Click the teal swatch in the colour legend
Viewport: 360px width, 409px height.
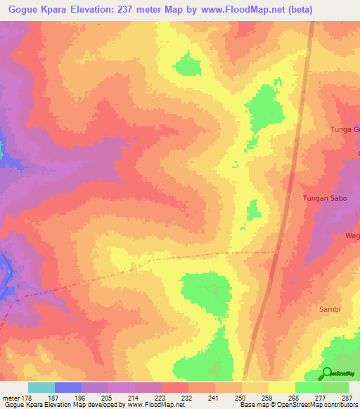(x=41, y=387)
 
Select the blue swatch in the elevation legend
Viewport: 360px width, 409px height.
(x=68, y=387)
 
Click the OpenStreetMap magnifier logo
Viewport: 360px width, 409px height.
(x=327, y=373)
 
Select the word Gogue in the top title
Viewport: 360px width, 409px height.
(x=25, y=9)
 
